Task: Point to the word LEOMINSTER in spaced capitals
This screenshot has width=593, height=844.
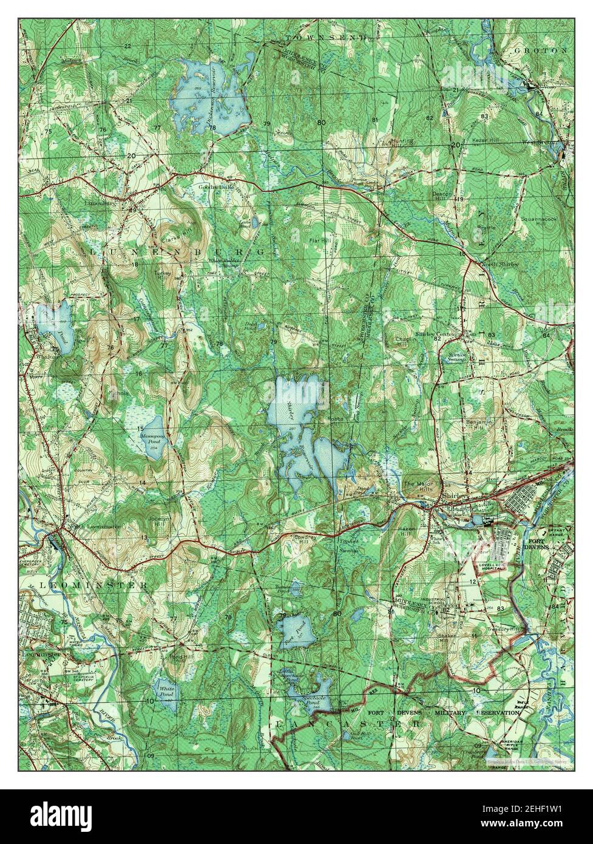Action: point(93,585)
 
